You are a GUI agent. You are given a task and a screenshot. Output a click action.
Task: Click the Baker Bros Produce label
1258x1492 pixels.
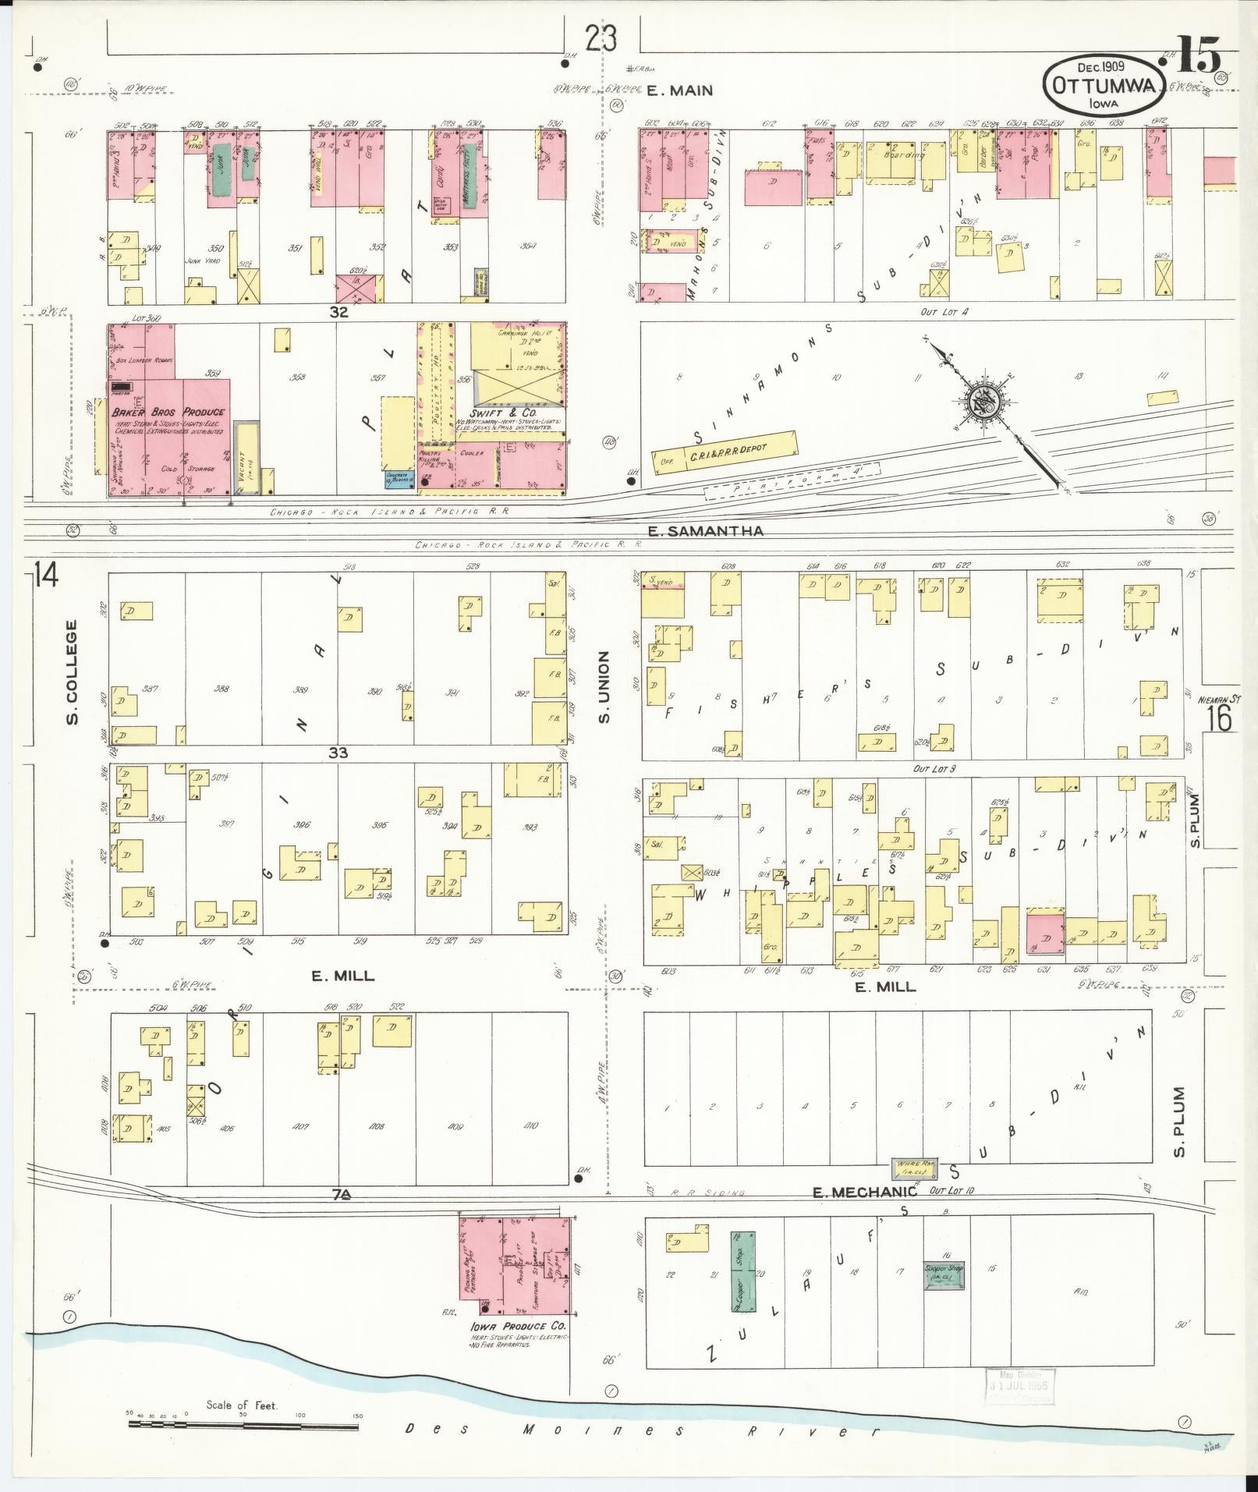168,412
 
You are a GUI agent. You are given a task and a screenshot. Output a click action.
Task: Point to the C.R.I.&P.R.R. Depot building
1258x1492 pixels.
725,451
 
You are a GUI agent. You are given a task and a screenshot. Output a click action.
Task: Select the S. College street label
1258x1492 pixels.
72,672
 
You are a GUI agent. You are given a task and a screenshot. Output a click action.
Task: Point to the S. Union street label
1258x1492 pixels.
604,687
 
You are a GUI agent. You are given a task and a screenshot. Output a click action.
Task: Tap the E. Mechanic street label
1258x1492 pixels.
863,1214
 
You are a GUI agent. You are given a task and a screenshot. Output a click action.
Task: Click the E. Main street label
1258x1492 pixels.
679,90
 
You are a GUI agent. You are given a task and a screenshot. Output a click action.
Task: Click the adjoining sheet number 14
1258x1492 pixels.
45,577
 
